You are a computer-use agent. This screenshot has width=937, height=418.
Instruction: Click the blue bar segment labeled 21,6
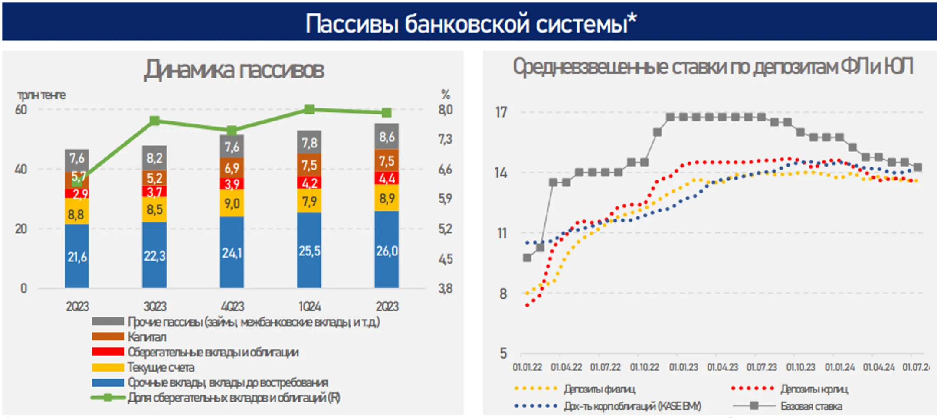pyautogui.click(x=77, y=257)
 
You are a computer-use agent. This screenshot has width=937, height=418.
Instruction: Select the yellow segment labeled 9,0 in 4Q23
pyautogui.click(x=232, y=203)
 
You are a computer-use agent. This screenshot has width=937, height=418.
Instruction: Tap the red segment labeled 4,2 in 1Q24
pyautogui.click(x=309, y=183)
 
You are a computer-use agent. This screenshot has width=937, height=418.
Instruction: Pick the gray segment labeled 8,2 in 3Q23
pyautogui.click(x=154, y=158)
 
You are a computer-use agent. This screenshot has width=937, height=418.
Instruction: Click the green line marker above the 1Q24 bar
pyautogui.click(x=309, y=109)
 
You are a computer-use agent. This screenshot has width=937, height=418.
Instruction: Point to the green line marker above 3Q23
pyautogui.click(x=154, y=121)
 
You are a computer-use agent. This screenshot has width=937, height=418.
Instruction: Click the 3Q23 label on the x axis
pyautogui.click(x=154, y=307)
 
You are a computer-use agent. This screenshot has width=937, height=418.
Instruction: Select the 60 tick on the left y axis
pyautogui.click(x=21, y=110)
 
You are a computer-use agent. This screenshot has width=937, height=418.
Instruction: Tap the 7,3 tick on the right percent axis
pyautogui.click(x=445, y=139)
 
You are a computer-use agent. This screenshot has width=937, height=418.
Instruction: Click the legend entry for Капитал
pyautogui.click(x=147, y=337)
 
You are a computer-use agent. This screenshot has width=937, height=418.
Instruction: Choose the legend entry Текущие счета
pyautogui.click(x=161, y=367)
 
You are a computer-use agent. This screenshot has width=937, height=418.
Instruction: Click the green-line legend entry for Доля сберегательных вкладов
pyautogui.click(x=233, y=398)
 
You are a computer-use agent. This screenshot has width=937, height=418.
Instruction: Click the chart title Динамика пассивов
pyautogui.click(x=234, y=70)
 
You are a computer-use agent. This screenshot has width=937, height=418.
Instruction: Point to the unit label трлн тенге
pyautogui.click(x=41, y=95)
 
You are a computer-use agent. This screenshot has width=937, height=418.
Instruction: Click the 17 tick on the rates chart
pyautogui.click(x=501, y=112)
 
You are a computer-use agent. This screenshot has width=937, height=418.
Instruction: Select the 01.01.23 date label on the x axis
pyautogui.click(x=683, y=367)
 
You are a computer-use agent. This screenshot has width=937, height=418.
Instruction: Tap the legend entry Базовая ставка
pyautogui.click(x=811, y=406)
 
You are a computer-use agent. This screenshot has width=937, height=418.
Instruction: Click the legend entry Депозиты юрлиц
pyautogui.click(x=814, y=389)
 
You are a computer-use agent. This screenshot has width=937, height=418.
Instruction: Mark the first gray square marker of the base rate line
pyautogui.click(x=527, y=258)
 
